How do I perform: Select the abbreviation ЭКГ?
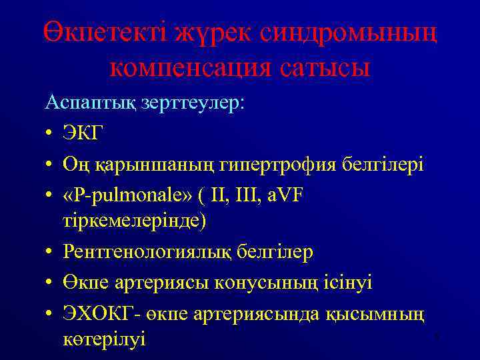point(83,133)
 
